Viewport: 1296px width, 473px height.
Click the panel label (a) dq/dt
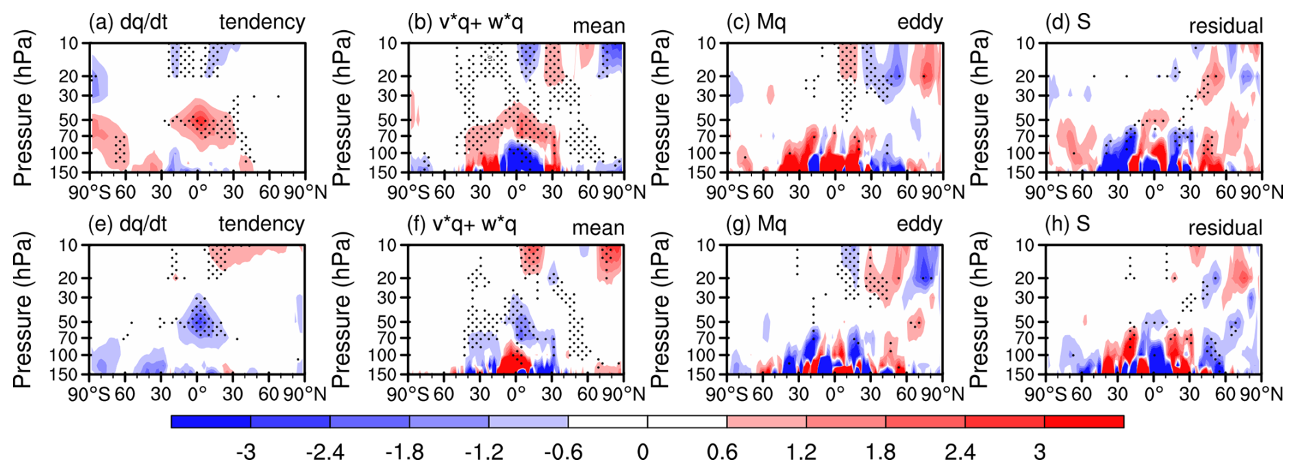128,22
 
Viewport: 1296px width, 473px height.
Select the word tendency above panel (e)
262,224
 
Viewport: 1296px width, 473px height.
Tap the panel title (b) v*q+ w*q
465,22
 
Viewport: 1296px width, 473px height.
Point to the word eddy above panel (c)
920,22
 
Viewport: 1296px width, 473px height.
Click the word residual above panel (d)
1226,26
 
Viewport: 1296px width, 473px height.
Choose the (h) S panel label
1067,224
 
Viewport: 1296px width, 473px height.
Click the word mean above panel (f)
599,228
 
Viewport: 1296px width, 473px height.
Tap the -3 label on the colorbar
245,452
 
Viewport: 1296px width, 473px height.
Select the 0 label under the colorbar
643,452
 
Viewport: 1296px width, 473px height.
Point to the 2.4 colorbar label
960,452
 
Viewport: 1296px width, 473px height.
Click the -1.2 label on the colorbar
484,452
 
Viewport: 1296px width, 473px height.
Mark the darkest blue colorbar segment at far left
211,422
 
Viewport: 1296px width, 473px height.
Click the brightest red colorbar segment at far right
1084,422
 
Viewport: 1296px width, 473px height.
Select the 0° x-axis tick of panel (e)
197,394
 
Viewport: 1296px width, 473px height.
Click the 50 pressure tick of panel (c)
706,120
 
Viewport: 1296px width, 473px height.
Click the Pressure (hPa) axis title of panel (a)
23,108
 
